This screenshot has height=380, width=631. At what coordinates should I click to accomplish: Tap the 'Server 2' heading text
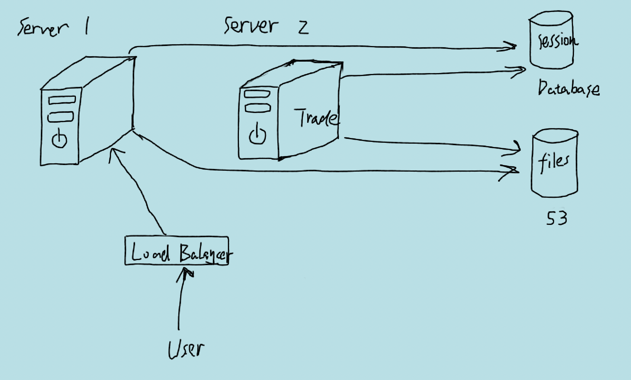click(266, 26)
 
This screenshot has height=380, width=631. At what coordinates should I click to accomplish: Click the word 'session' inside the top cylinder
click(557, 41)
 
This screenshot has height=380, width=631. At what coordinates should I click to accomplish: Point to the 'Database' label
click(568, 88)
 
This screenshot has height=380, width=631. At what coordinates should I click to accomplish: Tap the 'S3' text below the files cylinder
click(556, 218)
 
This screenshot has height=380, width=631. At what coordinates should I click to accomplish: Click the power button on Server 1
click(60, 139)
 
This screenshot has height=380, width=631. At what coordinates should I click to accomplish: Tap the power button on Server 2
click(257, 135)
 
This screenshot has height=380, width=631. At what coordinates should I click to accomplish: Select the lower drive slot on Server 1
click(60, 117)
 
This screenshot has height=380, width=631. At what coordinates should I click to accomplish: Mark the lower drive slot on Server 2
click(258, 108)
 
